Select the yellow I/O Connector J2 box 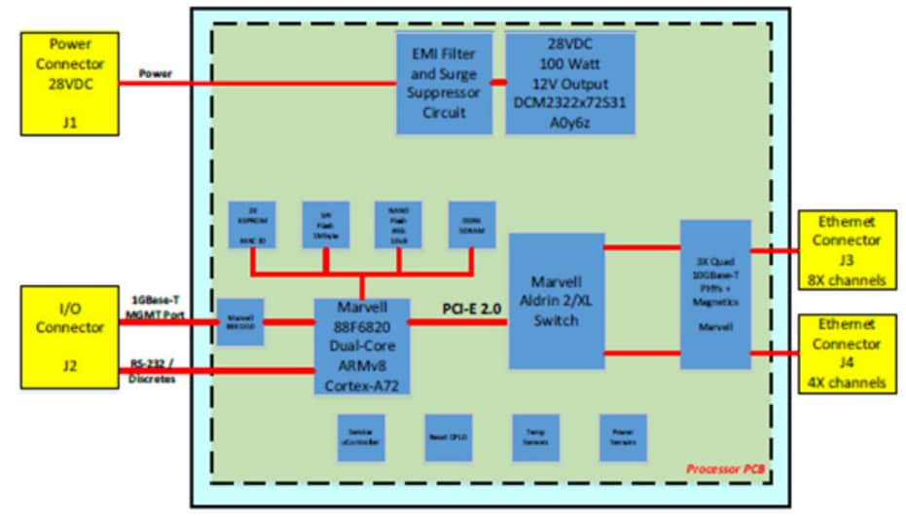70,336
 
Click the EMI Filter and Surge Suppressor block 444,83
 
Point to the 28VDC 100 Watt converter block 569,83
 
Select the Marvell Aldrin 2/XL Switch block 556,300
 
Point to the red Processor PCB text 725,469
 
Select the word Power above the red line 156,73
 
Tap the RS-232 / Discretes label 157,373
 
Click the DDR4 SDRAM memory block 472,224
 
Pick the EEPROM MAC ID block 251,224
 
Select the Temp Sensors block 535,437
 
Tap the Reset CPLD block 449,437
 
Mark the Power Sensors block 623,437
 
